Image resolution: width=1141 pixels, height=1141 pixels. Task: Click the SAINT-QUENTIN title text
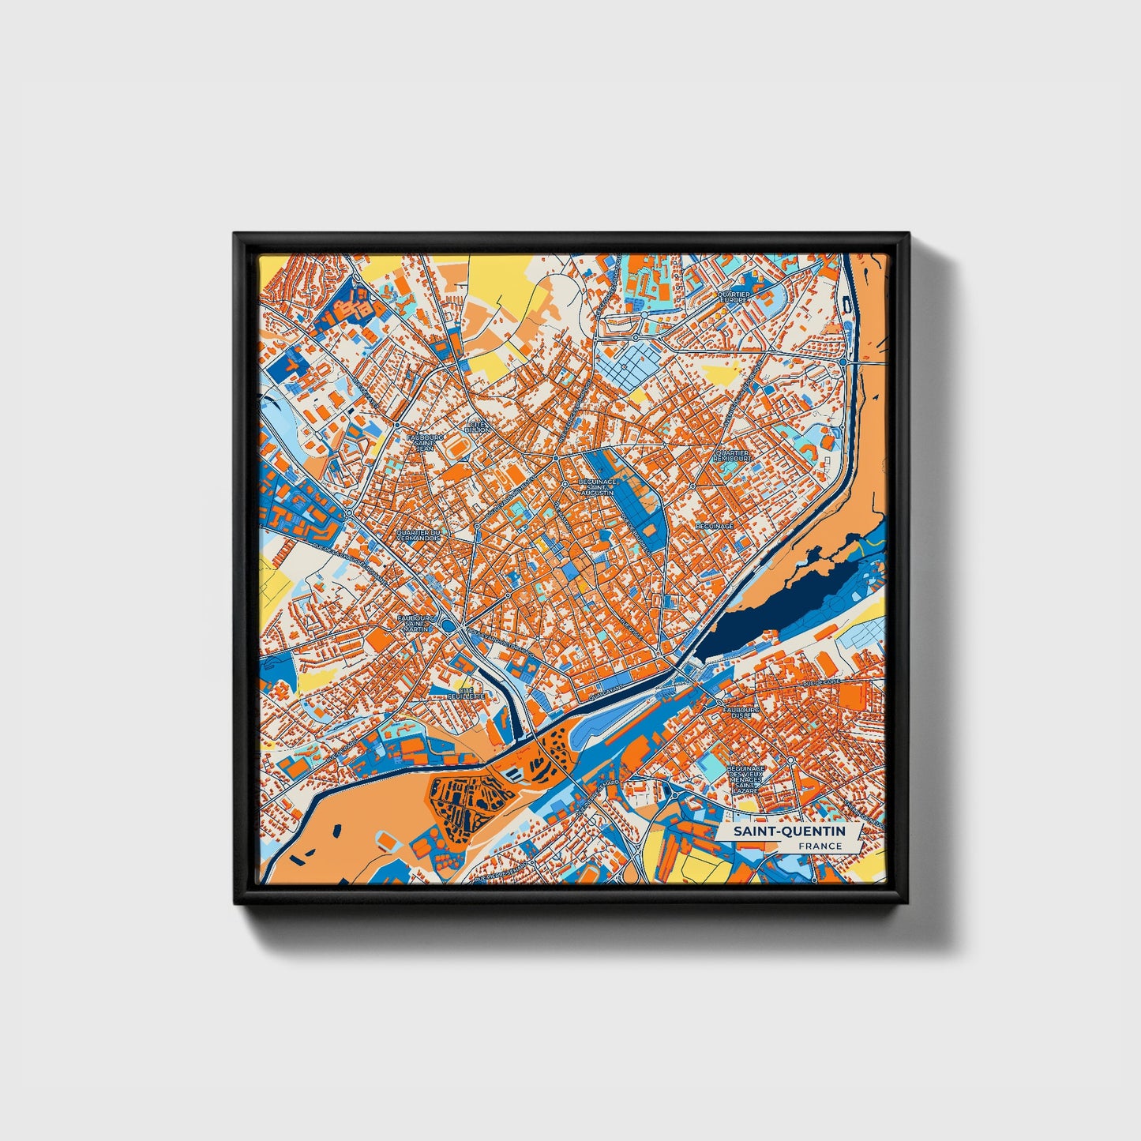[x=789, y=831]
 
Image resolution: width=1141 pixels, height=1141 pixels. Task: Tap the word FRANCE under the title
[x=820, y=846]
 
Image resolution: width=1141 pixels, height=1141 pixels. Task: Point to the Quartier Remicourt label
[x=732, y=456]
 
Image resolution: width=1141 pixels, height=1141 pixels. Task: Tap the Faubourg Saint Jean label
[x=425, y=442]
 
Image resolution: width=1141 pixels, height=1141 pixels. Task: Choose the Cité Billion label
[x=479, y=426]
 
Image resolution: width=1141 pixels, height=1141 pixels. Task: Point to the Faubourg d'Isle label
[x=740, y=715]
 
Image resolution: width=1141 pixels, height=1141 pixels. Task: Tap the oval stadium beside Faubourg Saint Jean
[x=456, y=448]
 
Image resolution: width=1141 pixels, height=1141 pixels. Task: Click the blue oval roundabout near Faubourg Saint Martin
[x=450, y=626]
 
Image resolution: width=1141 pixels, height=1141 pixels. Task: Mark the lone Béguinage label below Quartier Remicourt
[x=714, y=525]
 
